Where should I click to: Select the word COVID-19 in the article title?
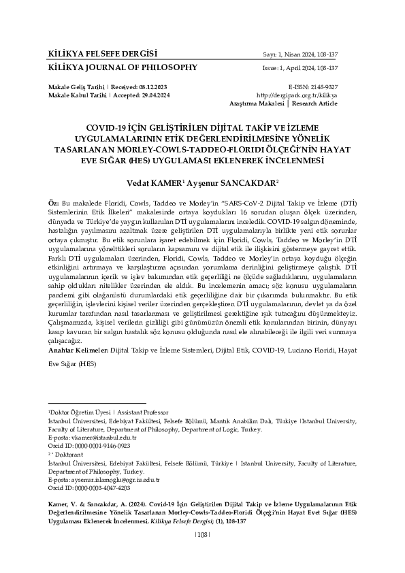pyautogui.click(x=106, y=128)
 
